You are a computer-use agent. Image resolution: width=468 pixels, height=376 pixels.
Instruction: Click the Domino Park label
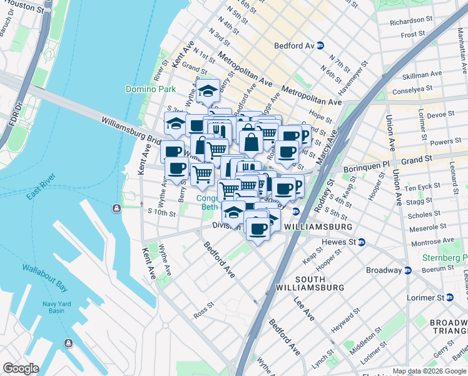150,90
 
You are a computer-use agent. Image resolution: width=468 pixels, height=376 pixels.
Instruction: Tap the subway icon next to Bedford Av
320,46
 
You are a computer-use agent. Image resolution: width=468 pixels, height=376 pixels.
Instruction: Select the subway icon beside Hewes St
362,242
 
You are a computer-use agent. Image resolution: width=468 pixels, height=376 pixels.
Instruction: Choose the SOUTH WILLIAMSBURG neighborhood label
310,283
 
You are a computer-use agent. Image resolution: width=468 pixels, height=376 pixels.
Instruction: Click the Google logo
21,368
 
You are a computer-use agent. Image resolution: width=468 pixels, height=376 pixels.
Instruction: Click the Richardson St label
407,21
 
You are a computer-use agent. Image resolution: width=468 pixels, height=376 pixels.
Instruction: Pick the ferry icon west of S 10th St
116,208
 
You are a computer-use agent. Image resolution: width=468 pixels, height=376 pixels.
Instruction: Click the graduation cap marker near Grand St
207,91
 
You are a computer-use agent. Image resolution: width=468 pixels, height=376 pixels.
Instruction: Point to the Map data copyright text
429,371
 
